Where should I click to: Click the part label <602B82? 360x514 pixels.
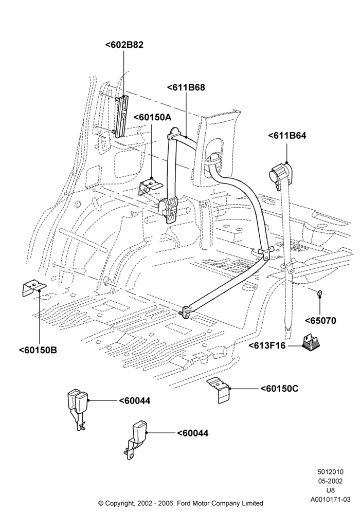click(x=124, y=45)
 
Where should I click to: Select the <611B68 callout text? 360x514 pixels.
click(x=186, y=87)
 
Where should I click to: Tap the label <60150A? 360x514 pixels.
click(x=152, y=117)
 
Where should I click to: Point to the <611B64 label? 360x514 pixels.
click(x=287, y=135)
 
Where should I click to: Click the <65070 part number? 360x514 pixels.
click(x=320, y=320)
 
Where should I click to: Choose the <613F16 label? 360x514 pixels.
click(x=267, y=345)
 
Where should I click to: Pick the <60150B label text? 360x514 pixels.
click(x=38, y=350)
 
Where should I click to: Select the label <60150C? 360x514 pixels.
click(x=280, y=389)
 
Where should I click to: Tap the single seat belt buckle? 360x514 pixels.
click(x=135, y=439)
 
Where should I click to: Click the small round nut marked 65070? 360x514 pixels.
click(x=319, y=293)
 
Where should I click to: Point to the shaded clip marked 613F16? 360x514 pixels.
click(x=311, y=342)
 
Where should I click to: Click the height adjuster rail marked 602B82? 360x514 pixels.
click(x=121, y=115)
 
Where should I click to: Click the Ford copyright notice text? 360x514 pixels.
click(x=181, y=503)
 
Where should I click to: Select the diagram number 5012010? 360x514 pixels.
click(x=330, y=472)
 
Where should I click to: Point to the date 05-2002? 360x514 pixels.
click(x=330, y=481)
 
